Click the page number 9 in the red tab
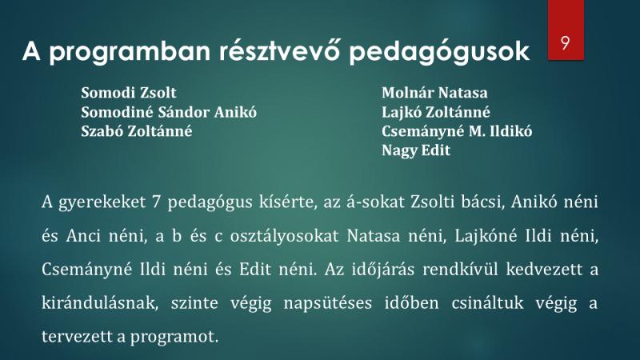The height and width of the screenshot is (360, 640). pyautogui.click(x=566, y=42)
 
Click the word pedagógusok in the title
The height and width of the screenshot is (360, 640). pyautogui.click(x=439, y=52)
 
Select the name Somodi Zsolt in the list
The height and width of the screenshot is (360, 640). pyautogui.click(x=129, y=93)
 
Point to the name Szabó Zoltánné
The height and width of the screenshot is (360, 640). pyautogui.click(x=136, y=131)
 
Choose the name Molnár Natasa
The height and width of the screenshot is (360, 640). pyautogui.click(x=434, y=93)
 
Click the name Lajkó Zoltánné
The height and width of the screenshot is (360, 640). pyautogui.click(x=435, y=112)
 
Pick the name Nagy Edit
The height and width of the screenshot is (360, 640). pyautogui.click(x=416, y=150)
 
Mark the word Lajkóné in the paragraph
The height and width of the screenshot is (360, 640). pyautogui.click(x=486, y=237)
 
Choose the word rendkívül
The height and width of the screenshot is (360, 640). pyautogui.click(x=460, y=270)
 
